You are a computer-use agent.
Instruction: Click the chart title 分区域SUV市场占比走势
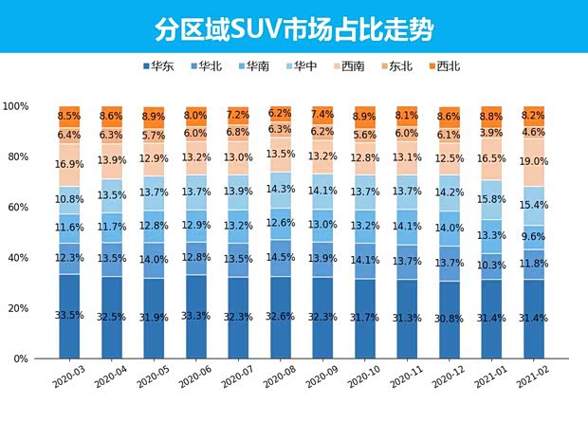(294, 28)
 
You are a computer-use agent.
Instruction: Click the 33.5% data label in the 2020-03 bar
(69, 316)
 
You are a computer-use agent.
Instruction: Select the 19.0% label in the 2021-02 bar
(533, 162)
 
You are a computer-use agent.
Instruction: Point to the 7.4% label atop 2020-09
(322, 114)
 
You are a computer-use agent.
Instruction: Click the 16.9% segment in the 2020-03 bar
(69, 163)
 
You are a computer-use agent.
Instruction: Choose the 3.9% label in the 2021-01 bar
(491, 133)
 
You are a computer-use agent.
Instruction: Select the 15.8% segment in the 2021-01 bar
(491, 200)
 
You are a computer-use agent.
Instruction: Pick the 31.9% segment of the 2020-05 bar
(154, 318)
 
